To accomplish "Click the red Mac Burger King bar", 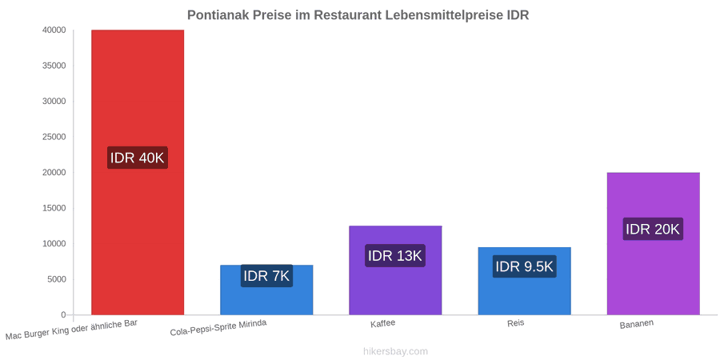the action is click(138, 172).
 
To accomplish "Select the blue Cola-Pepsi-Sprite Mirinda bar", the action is click(266, 290).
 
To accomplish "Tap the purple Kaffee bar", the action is click(395, 270).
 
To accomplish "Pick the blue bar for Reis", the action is click(524, 281).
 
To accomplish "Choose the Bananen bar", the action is click(654, 243).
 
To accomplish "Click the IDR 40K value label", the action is click(138, 158).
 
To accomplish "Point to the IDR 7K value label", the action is click(266, 276).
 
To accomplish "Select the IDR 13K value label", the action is click(395, 256).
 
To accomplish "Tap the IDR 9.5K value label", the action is click(524, 266).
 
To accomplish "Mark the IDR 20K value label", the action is click(653, 229).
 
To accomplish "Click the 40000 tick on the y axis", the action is click(54, 30).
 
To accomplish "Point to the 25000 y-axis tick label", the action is click(54, 137).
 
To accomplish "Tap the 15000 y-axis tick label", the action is click(54, 208).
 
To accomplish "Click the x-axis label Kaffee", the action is click(383, 323).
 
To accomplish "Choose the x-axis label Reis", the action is click(516, 323).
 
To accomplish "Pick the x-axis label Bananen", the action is click(637, 324).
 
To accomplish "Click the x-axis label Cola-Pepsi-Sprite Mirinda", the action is click(218, 328).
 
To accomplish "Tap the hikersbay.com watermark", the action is click(395, 351).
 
